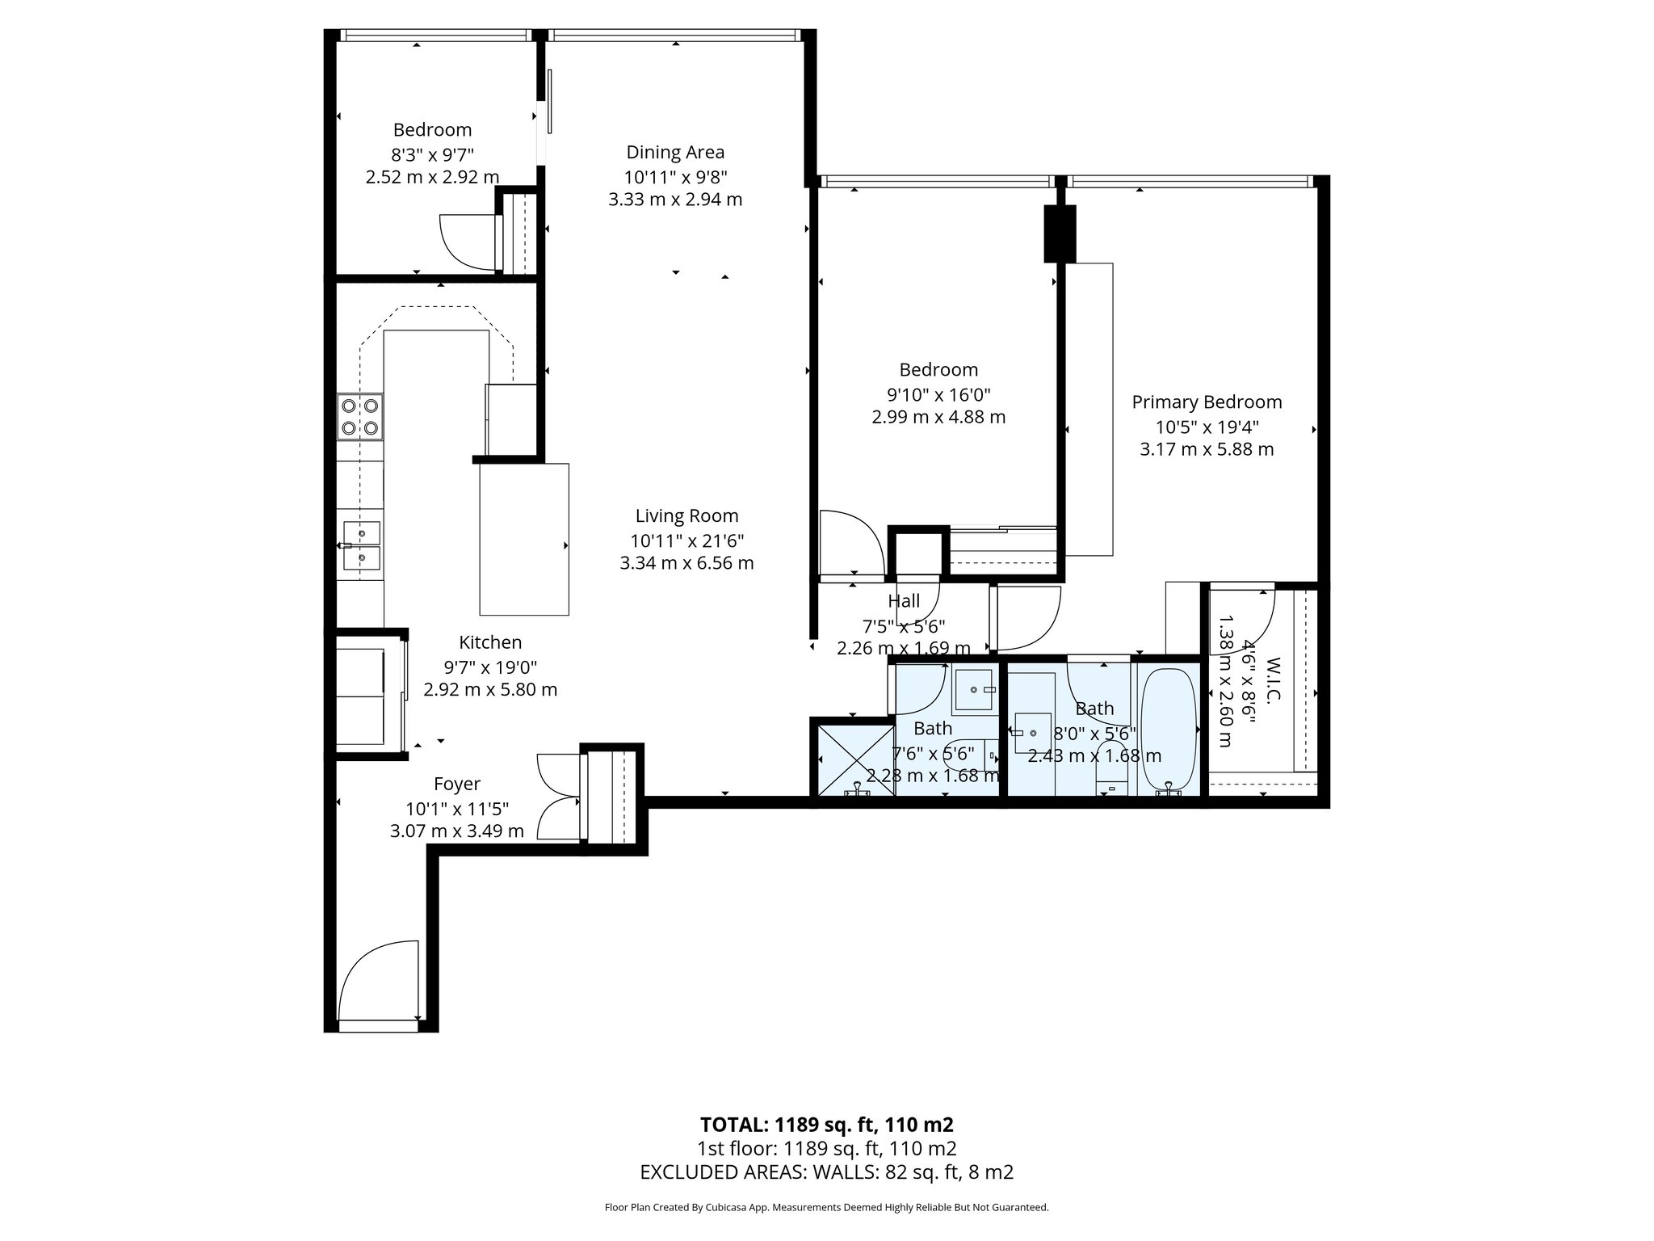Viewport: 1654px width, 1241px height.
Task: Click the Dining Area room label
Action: point(675,152)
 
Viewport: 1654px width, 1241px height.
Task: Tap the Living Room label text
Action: point(686,515)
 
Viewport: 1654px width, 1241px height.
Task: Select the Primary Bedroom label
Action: point(1207,402)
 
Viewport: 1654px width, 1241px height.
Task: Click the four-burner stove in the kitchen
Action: point(360,416)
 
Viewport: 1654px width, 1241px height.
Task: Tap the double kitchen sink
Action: point(361,545)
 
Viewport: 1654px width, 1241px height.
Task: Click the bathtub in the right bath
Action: point(1168,729)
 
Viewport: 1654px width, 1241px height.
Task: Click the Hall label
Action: point(903,601)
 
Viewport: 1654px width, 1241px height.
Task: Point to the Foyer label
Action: point(457,784)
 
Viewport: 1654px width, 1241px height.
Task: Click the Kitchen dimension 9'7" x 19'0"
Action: point(490,667)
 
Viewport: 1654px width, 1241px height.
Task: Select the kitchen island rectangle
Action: point(524,539)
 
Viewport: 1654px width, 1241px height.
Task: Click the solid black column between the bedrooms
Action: point(1060,233)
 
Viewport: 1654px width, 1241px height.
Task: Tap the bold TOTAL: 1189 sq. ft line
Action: point(826,1125)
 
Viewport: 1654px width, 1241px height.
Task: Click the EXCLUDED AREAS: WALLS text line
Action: point(826,1172)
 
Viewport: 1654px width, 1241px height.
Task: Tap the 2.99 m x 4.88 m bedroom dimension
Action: point(938,417)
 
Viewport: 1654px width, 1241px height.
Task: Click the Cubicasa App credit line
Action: point(826,1207)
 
